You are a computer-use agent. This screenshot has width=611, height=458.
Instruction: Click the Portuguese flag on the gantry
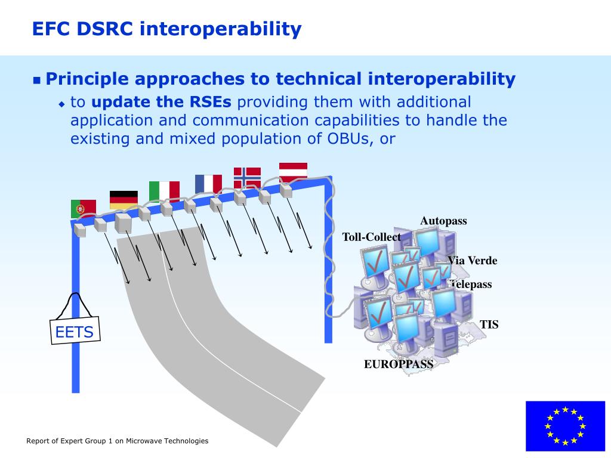84,209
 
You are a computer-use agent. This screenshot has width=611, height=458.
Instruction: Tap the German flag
124,200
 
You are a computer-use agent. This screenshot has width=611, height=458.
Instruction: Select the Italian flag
164,191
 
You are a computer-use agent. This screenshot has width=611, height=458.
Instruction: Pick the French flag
208,184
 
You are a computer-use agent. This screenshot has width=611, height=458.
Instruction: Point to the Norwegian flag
247,178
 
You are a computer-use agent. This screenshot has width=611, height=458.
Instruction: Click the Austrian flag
293,172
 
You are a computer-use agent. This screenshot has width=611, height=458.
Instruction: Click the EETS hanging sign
75,330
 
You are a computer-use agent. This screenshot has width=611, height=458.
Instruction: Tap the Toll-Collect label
371,237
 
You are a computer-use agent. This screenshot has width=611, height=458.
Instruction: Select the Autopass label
443,221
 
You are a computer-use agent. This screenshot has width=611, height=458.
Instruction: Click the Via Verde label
473,260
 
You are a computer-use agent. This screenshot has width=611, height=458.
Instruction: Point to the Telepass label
470,284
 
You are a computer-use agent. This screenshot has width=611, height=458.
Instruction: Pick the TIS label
489,324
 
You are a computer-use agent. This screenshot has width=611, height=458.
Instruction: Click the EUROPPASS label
398,364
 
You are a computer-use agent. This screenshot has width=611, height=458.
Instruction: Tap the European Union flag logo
565,426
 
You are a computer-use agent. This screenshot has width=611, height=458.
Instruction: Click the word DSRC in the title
104,29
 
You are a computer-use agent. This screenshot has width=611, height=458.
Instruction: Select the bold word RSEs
211,102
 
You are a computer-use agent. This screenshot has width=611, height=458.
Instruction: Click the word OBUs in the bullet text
348,138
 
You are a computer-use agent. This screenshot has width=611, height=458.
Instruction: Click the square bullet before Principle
36,81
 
